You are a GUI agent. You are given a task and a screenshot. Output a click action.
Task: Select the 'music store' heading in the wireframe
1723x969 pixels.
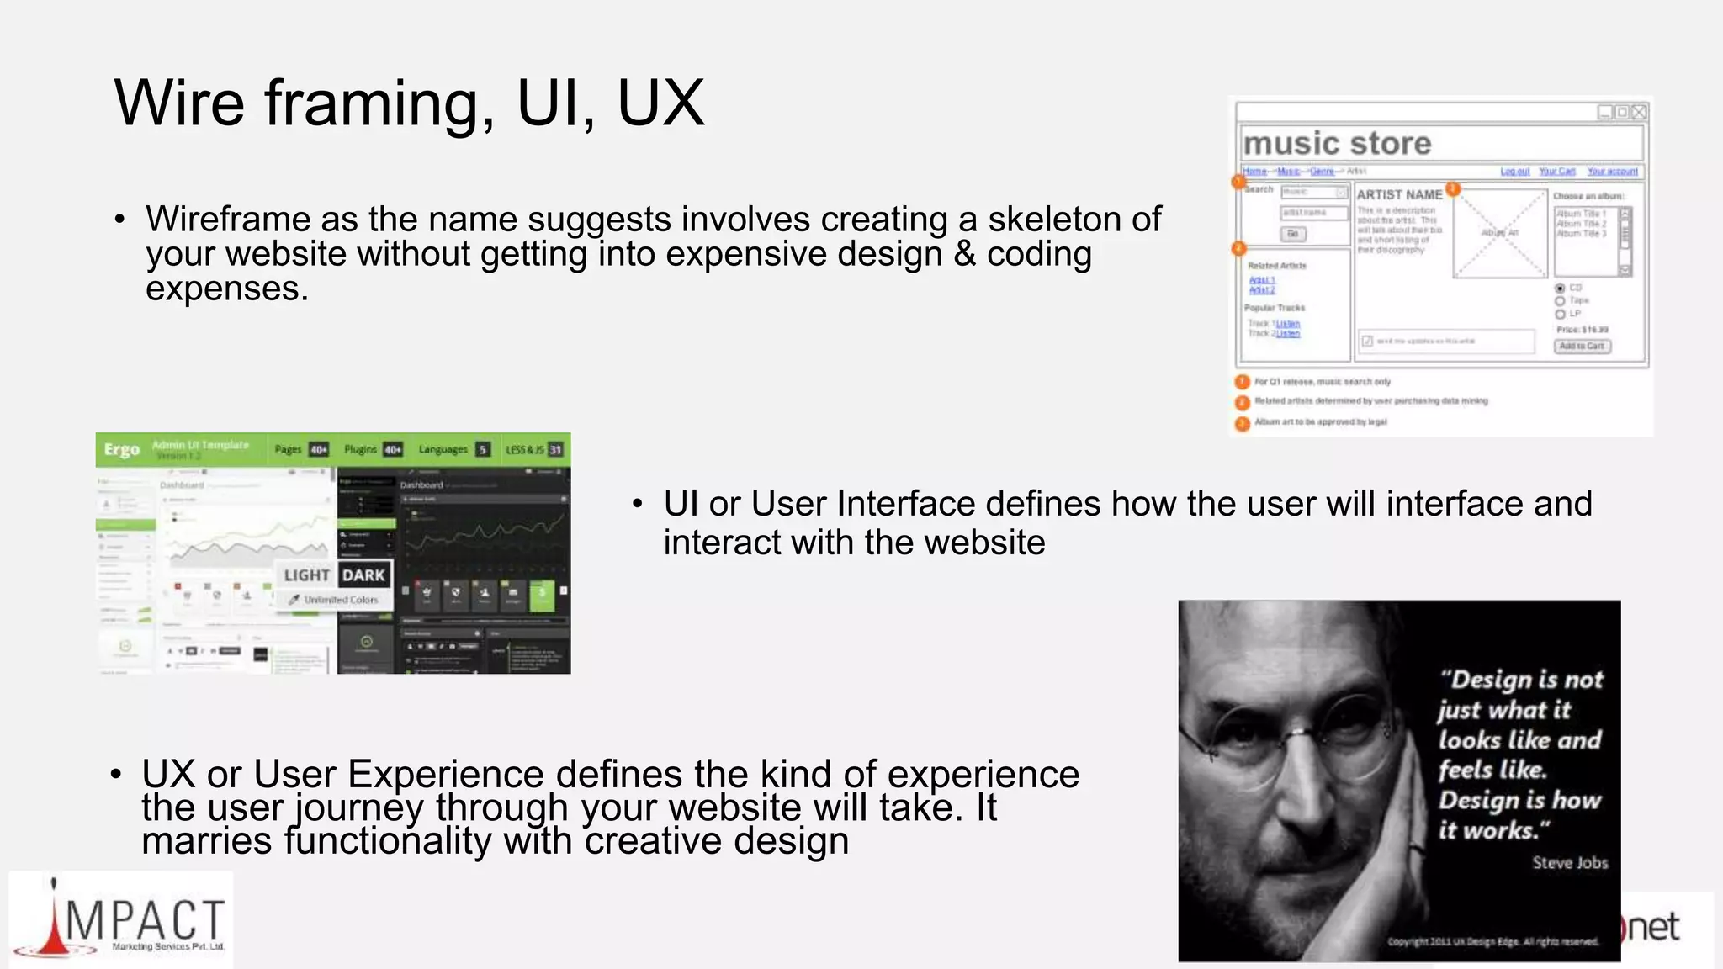click(1337, 144)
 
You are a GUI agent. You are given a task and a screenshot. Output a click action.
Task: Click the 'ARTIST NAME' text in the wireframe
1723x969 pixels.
click(1399, 194)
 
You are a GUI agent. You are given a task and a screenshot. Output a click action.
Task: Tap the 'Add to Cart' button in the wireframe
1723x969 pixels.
click(1582, 347)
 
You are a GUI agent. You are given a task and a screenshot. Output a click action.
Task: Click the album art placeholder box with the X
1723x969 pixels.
click(1500, 233)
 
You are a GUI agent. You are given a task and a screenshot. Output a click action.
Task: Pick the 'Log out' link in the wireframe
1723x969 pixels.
click(1515, 172)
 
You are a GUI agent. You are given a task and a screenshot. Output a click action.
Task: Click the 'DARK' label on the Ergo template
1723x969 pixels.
click(364, 575)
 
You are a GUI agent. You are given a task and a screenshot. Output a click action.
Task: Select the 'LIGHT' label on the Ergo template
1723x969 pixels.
click(306, 575)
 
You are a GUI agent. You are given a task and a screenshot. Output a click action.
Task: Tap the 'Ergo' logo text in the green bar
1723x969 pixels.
click(122, 449)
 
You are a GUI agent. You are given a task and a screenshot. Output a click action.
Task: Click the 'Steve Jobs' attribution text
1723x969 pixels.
click(1570, 863)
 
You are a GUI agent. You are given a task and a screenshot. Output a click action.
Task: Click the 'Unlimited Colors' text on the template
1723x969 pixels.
click(340, 600)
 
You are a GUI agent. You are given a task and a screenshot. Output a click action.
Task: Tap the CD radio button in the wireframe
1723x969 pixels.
click(1560, 289)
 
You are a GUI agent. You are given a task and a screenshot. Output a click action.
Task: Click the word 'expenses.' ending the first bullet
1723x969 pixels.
click(227, 289)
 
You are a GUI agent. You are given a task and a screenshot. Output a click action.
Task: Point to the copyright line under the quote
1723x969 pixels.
click(1492, 941)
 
